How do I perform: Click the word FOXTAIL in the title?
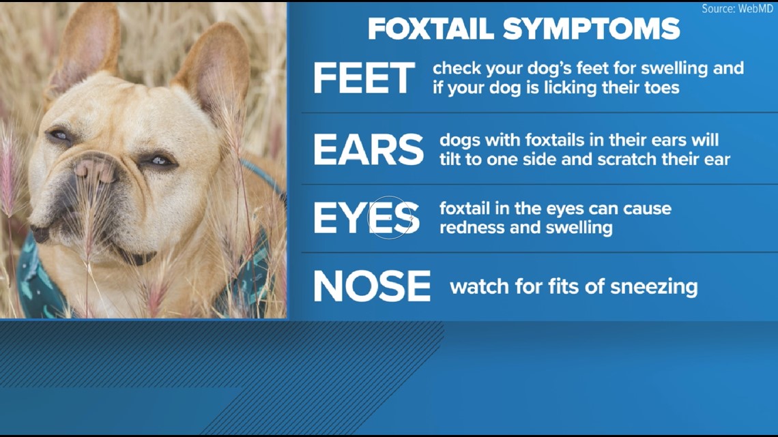(x=431, y=29)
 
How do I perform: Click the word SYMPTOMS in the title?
(x=591, y=29)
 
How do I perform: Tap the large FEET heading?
(x=364, y=78)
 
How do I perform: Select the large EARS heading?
(x=369, y=149)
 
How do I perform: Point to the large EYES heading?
(x=366, y=217)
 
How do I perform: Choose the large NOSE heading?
(x=372, y=286)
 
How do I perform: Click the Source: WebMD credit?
(x=737, y=8)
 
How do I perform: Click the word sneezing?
(x=654, y=287)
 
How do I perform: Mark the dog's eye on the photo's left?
(x=59, y=135)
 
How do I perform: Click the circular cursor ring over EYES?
(x=390, y=239)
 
